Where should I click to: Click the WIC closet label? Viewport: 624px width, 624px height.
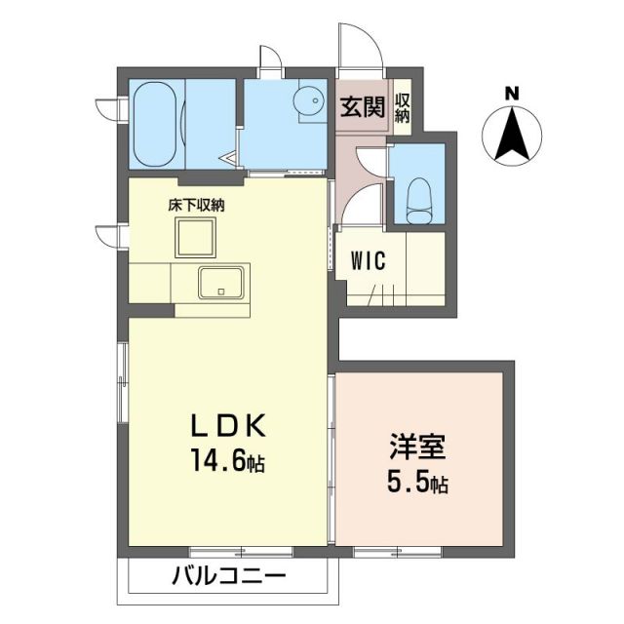(x=371, y=260)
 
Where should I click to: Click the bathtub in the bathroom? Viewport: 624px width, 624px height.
(x=158, y=124)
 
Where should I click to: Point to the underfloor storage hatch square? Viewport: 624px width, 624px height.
(x=195, y=237)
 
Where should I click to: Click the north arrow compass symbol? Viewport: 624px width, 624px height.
(x=511, y=134)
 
